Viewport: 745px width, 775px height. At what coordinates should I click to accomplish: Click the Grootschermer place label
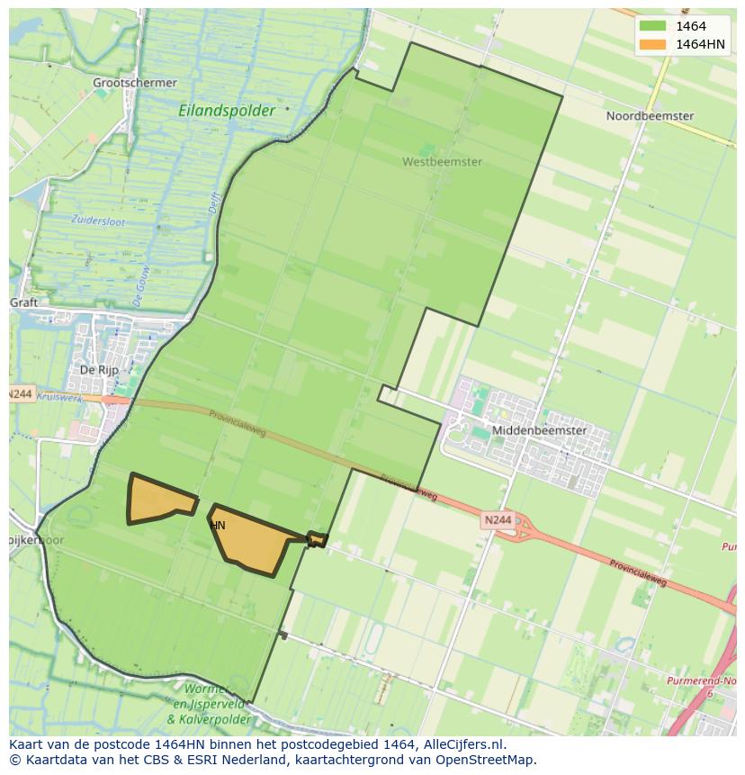coord(135,83)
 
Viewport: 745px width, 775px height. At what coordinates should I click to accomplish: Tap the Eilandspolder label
coord(227,111)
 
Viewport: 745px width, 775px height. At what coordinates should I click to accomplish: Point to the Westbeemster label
coord(442,162)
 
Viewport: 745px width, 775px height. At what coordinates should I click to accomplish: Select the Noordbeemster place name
coord(650,116)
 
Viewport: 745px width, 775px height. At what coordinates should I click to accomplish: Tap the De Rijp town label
coord(99,370)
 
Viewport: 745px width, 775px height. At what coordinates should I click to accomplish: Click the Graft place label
coord(23,302)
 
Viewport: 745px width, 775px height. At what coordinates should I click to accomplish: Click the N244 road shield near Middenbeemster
coord(496,520)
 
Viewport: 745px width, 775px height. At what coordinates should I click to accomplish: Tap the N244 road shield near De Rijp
coord(22,394)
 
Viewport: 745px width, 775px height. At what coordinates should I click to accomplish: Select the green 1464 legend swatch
coord(651,26)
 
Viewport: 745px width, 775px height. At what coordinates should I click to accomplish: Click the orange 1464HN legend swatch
coord(651,44)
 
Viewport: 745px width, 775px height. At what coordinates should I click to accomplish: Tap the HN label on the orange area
coord(218,525)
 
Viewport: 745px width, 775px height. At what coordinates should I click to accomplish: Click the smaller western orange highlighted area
coord(155,500)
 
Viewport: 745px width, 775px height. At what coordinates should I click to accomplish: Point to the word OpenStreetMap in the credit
coord(487,760)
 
